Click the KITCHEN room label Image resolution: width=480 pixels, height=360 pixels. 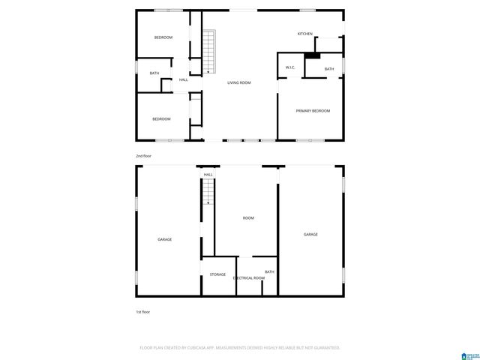304,34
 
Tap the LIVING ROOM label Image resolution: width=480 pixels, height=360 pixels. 239,82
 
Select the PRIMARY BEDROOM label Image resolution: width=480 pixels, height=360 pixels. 313,111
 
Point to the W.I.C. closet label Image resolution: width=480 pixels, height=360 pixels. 290,68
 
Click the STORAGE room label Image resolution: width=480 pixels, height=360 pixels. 217,274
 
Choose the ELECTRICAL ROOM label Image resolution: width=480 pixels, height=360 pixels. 249,278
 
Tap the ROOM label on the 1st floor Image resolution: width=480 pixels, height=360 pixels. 248,218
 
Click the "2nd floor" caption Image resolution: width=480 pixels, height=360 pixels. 143,155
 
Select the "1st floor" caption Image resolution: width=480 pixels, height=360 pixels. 142,311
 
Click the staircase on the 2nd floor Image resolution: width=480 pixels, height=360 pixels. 208,51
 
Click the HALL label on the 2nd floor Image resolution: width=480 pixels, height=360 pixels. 184,79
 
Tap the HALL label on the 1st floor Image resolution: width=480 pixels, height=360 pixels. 208,175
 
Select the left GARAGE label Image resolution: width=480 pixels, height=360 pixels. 164,239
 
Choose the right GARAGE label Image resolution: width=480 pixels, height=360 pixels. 310,235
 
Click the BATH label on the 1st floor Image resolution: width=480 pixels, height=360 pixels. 269,271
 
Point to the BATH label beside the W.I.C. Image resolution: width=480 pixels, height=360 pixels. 329,69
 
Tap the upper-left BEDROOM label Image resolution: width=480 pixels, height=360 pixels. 163,37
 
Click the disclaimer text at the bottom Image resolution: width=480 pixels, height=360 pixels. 240,348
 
